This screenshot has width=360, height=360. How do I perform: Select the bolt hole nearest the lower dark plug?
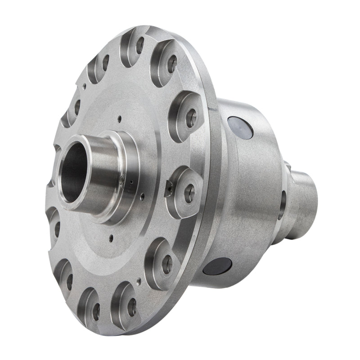pos(166,261)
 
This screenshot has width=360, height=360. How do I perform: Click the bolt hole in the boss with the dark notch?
pos(189,192)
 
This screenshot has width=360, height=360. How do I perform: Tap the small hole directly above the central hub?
pos(118,119)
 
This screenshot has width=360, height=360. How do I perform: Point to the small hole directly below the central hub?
pos(112,235)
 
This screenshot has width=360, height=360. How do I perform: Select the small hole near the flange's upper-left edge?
pos(84,84)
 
